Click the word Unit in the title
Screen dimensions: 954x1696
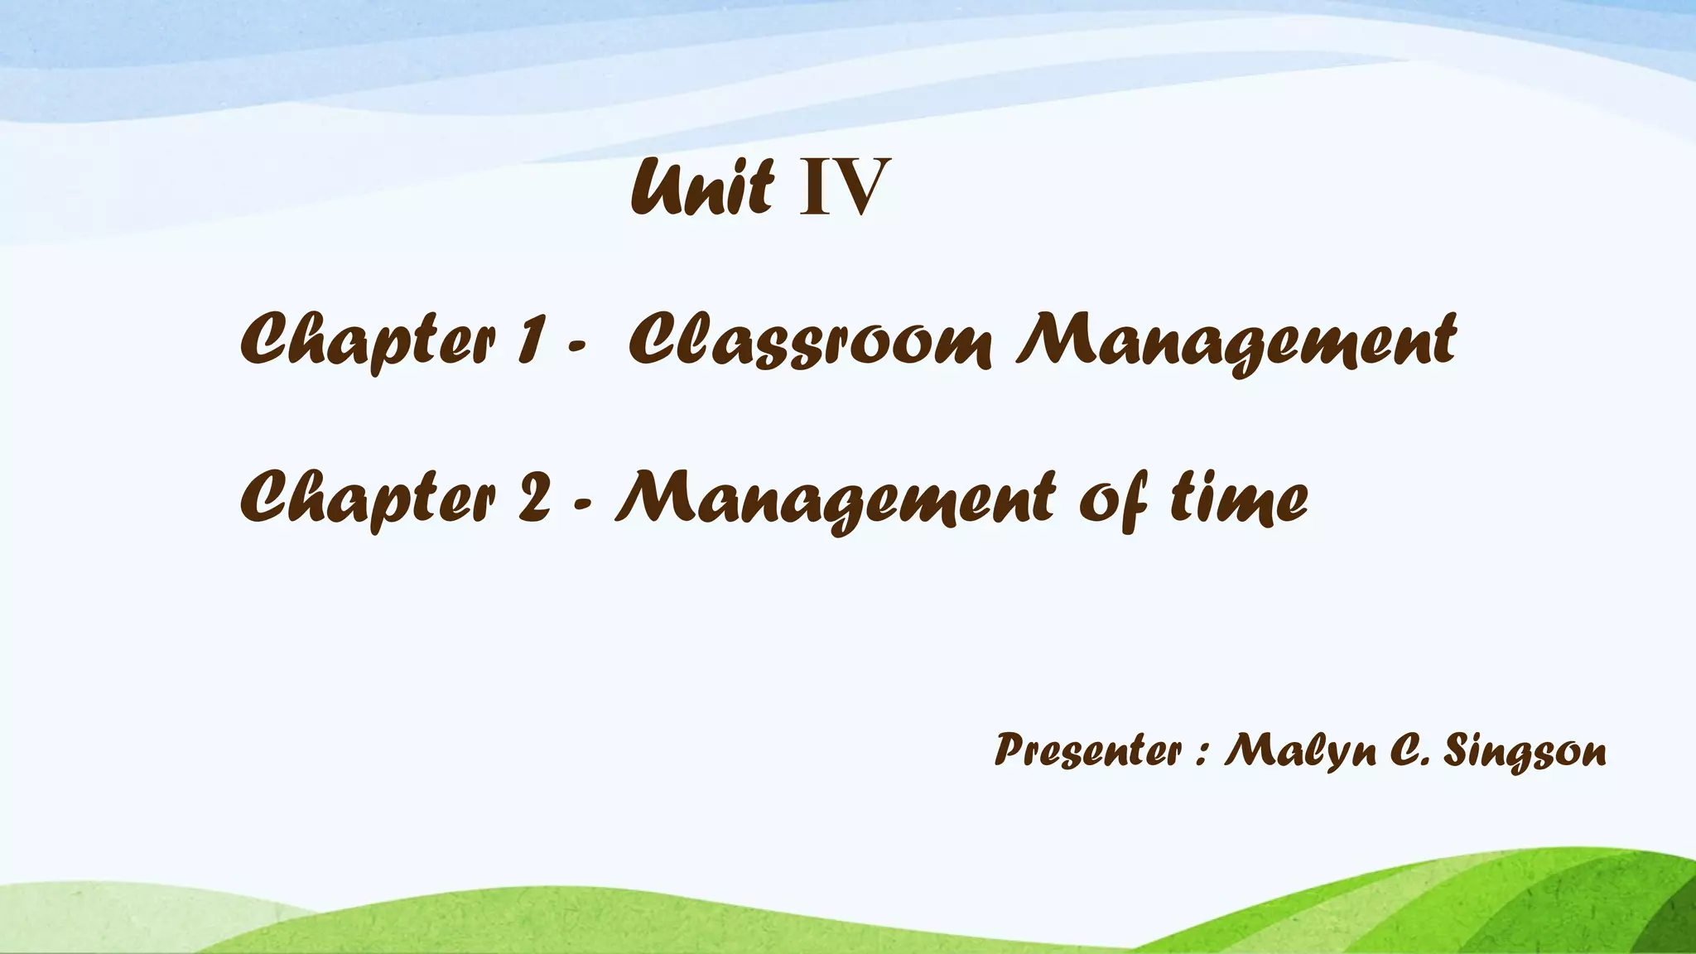(x=702, y=188)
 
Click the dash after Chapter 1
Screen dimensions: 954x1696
(x=577, y=348)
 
